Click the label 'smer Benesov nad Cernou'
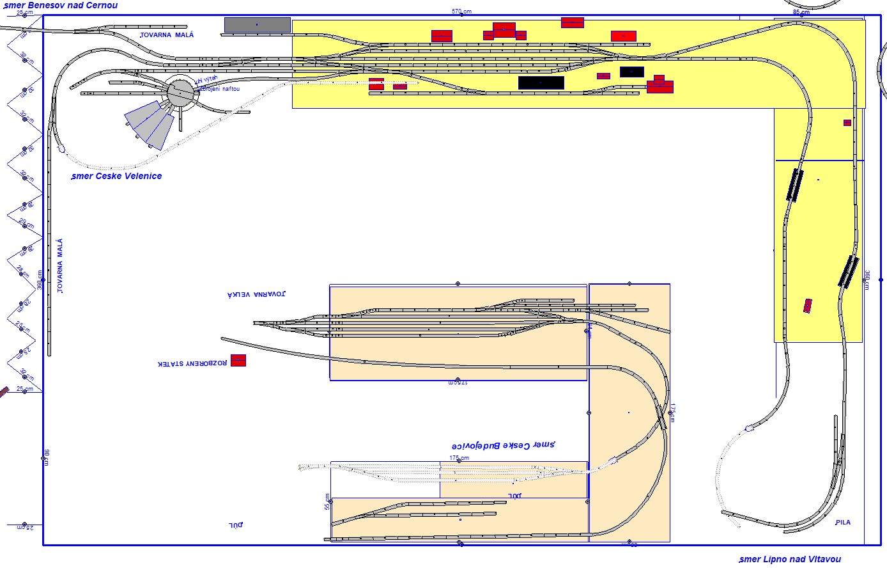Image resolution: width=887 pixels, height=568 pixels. point(61,6)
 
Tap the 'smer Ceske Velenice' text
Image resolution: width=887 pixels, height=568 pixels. point(116,176)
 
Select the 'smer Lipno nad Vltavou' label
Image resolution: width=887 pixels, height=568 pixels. point(789,560)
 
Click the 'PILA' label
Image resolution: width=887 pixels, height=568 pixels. point(843,523)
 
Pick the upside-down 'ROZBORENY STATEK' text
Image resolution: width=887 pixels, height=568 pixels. point(192,363)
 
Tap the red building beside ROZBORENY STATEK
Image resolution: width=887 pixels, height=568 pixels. point(238,360)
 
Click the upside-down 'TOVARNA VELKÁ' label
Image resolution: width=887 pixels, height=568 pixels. point(257,294)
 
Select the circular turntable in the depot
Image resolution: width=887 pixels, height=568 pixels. point(180,93)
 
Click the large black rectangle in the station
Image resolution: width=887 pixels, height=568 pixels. point(541,83)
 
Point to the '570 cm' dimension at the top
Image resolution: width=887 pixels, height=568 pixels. point(461,12)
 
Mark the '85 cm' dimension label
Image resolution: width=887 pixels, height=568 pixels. point(801,12)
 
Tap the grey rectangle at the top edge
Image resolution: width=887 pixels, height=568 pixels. point(258,25)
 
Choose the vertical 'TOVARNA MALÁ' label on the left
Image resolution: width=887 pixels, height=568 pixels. point(60,266)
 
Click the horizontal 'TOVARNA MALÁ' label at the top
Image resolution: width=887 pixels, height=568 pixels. point(167,35)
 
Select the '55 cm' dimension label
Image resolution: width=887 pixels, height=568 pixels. point(327,501)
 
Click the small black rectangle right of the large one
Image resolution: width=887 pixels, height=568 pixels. point(631,72)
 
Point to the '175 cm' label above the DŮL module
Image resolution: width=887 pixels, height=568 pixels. point(459,458)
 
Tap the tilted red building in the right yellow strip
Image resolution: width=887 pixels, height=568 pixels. point(808,306)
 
